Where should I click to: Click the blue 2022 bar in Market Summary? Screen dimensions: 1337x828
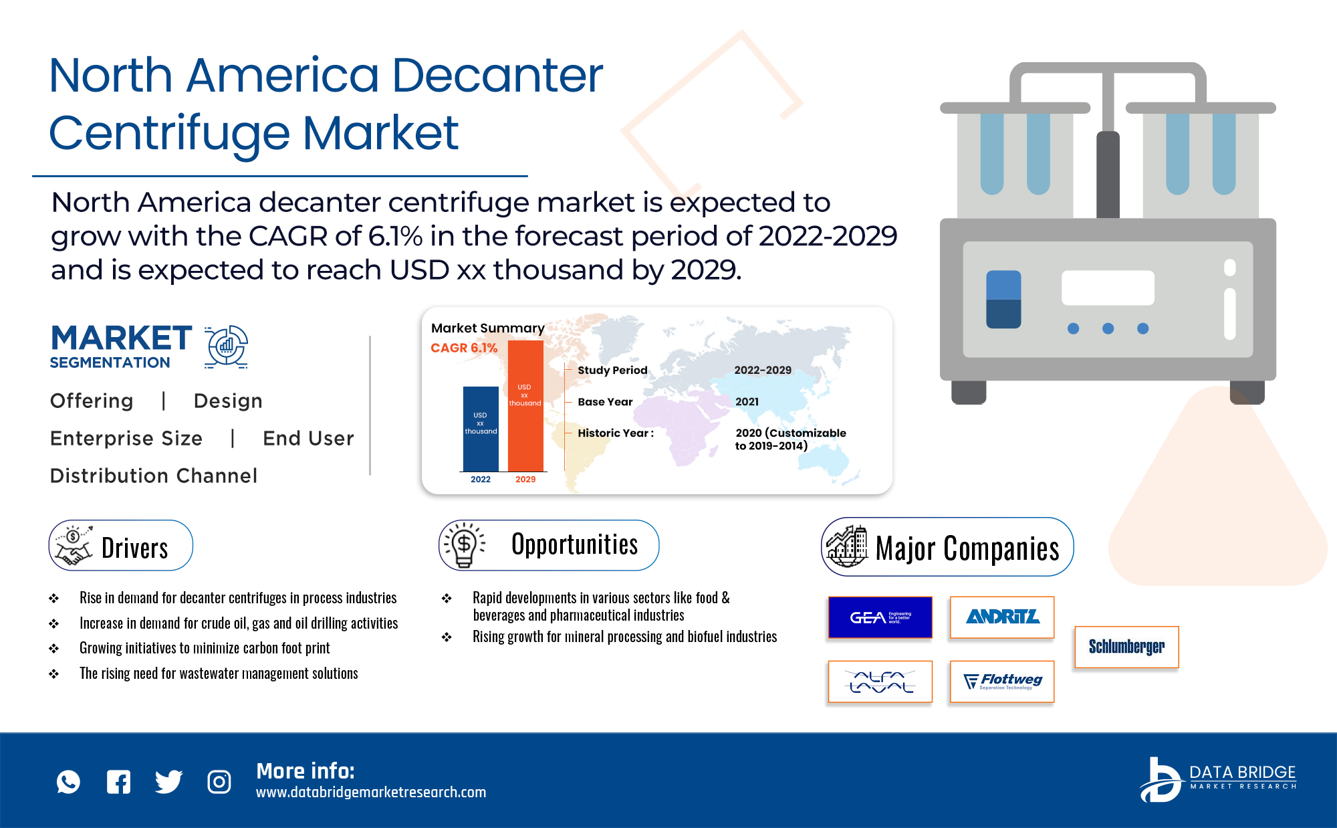click(481, 429)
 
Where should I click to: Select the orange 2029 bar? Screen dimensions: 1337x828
click(525, 406)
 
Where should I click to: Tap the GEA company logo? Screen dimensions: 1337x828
click(880, 617)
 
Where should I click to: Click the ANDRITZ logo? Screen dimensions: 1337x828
click(1002, 617)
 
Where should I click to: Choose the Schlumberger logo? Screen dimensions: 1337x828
click(1126, 647)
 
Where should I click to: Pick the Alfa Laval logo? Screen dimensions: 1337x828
click(880, 682)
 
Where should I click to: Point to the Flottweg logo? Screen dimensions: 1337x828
click(1002, 682)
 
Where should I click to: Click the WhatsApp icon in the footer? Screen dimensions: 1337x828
click(68, 782)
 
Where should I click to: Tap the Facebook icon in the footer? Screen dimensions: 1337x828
click(118, 782)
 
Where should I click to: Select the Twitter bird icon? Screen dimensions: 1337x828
click(168, 782)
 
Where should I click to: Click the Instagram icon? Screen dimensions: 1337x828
click(219, 782)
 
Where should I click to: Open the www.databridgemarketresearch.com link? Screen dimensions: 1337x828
click(371, 793)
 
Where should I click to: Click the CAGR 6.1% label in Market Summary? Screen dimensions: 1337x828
click(464, 348)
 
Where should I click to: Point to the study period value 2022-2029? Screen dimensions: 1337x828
click(763, 370)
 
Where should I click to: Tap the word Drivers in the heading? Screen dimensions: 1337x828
click(134, 548)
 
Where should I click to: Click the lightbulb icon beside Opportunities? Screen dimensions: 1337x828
click(463, 545)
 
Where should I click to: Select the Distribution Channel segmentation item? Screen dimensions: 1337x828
click(154, 476)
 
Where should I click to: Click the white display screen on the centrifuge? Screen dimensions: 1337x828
click(1108, 288)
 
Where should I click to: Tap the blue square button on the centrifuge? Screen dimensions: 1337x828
click(1003, 299)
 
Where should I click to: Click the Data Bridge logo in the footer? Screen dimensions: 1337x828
click(1218, 779)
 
